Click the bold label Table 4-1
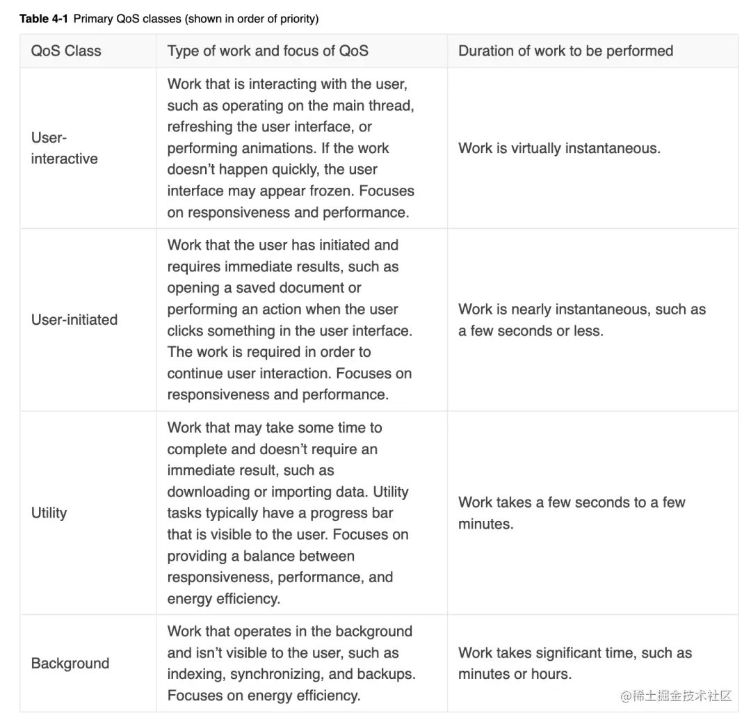(43, 19)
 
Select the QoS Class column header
(66, 51)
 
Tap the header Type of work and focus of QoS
(268, 51)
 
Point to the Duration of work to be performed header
(565, 51)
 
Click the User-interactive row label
(64, 148)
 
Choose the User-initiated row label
(74, 320)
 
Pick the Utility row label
(49, 513)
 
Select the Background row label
(70, 664)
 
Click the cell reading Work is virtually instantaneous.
(559, 148)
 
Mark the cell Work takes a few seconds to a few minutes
(572, 513)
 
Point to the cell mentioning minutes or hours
(515, 674)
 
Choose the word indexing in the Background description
(195, 674)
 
